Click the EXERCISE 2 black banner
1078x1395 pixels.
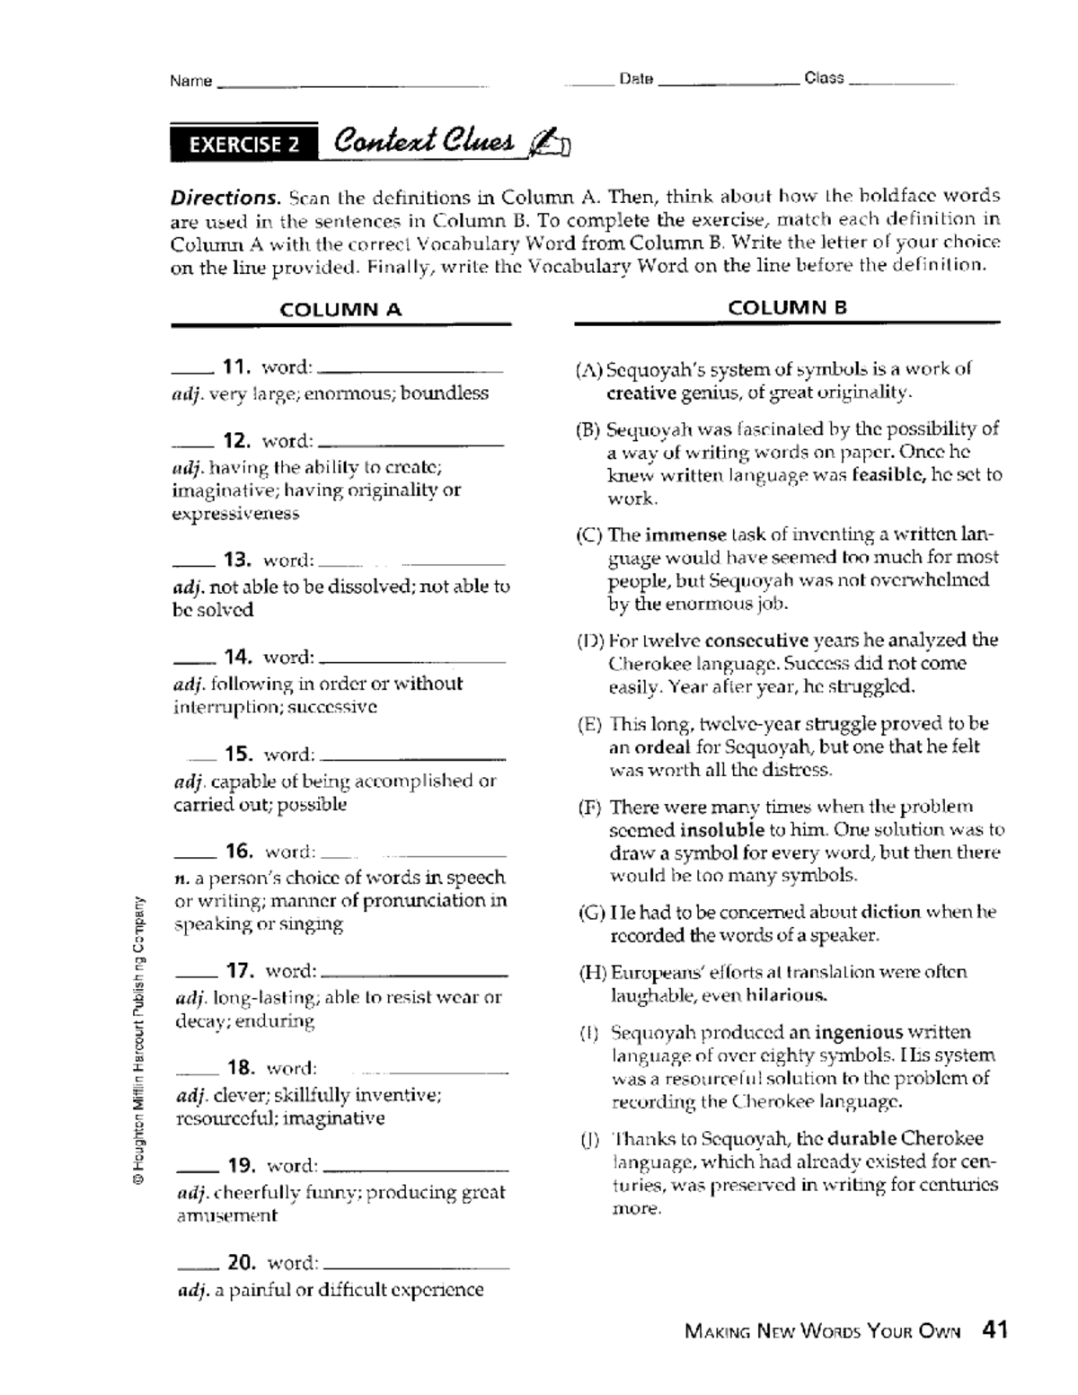[x=243, y=145]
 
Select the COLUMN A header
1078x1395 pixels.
[x=340, y=310]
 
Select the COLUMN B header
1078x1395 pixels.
[x=787, y=308]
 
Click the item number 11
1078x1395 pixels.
[x=235, y=366]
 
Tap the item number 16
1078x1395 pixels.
[x=239, y=851]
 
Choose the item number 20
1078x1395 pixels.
[x=241, y=1262]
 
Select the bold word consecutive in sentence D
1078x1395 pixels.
[x=756, y=640]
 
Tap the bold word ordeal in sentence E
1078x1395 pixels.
[x=662, y=747]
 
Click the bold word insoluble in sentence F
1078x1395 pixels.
[x=721, y=830]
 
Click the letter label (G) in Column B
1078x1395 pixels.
[x=591, y=913]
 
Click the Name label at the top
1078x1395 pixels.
[x=190, y=81]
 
